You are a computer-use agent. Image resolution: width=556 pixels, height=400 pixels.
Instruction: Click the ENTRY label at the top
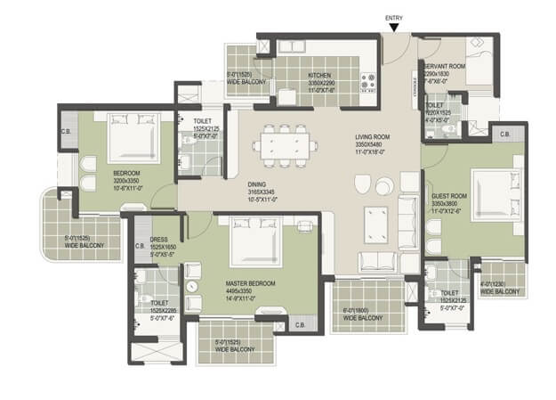pyautogui.click(x=394, y=18)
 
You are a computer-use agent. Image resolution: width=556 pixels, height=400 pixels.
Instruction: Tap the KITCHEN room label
pyautogui.click(x=320, y=76)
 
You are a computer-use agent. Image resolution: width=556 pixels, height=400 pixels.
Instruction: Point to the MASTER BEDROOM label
pyautogui.click(x=250, y=283)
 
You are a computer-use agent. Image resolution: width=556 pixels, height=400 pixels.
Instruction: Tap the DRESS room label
pyautogui.click(x=160, y=240)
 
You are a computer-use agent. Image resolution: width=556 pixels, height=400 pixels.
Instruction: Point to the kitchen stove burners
pyautogui.click(x=369, y=82)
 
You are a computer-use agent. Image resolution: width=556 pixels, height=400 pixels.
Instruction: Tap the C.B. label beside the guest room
pyautogui.click(x=504, y=135)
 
